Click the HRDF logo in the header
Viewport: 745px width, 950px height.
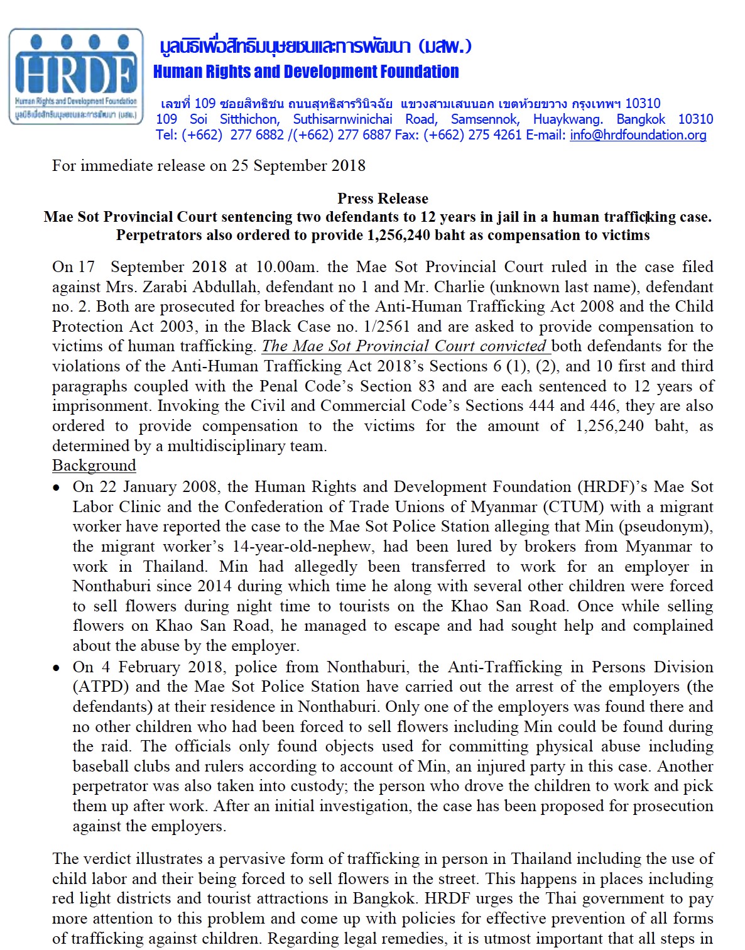(x=76, y=76)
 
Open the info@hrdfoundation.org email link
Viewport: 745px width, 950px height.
(x=638, y=135)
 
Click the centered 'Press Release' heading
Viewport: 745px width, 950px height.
(x=383, y=199)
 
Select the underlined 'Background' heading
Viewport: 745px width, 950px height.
(x=94, y=466)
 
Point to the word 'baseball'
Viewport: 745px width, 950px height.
(x=100, y=767)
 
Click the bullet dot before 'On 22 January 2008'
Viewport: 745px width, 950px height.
(x=57, y=488)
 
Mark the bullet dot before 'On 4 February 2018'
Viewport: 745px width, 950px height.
(x=57, y=668)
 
